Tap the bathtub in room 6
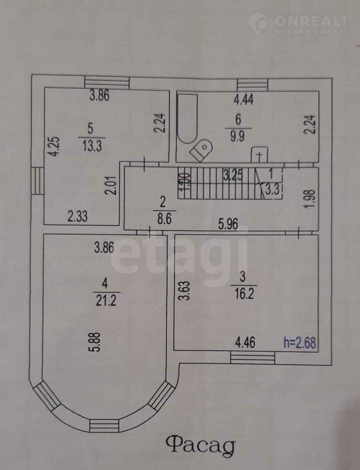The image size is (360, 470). tap(186, 118)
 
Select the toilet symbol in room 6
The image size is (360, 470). tap(201, 150)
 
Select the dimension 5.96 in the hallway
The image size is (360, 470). tap(228, 225)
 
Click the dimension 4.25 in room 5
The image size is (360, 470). tap(52, 148)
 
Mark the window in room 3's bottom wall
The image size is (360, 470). tap(253, 358)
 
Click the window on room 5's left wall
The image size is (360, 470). tap(37, 181)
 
